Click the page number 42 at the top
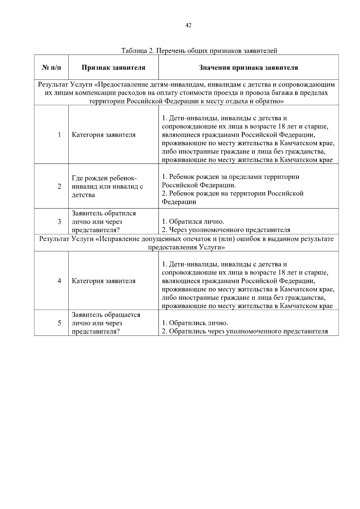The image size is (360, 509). pyautogui.click(x=188, y=25)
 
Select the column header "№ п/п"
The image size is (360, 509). pyautogui.click(x=51, y=67)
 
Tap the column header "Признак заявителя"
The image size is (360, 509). pyautogui.click(x=113, y=67)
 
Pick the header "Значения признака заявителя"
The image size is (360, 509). pyautogui.click(x=248, y=67)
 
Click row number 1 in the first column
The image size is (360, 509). pyautogui.click(x=59, y=135)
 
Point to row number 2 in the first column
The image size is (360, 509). pyautogui.click(x=59, y=186)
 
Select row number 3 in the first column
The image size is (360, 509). pyautogui.click(x=59, y=222)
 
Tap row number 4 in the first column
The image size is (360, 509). pyautogui.click(x=59, y=281)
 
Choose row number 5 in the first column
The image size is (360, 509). pyautogui.click(x=59, y=323)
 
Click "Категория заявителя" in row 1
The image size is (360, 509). pyautogui.click(x=103, y=135)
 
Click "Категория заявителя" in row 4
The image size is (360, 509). pyautogui.click(x=103, y=281)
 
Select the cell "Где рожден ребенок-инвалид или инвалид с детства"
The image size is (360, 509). pyautogui.click(x=107, y=186)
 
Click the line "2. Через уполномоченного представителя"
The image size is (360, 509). pyautogui.click(x=226, y=230)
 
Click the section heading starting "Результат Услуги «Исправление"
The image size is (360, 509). pyautogui.click(x=186, y=243)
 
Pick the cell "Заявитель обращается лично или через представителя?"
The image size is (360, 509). pyautogui.click(x=106, y=323)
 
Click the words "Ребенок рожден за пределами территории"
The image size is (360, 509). pyautogui.click(x=234, y=177)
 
